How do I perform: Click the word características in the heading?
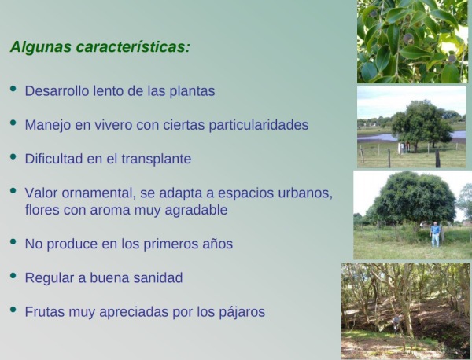point(133,46)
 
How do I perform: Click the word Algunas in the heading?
point(41,47)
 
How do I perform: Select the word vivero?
point(113,125)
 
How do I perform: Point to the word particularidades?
point(259,125)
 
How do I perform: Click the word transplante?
point(157,159)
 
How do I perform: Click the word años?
point(218,244)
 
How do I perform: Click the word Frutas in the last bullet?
point(45,312)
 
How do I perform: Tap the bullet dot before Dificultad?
point(13,156)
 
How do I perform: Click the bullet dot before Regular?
point(13,275)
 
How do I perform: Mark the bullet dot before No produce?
point(13,241)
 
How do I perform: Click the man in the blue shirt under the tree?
point(435,234)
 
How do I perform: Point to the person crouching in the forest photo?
point(397,322)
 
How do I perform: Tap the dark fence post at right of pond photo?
point(437,159)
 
